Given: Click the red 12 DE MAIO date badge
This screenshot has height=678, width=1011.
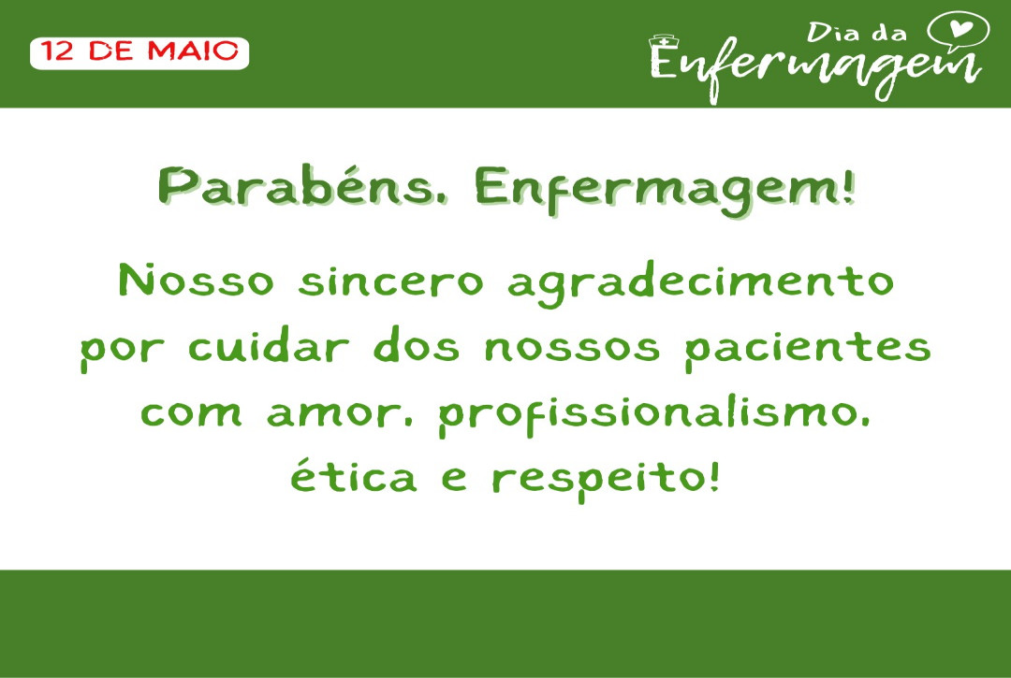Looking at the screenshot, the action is point(139,52).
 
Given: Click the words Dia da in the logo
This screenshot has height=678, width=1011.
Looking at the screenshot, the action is point(857,32).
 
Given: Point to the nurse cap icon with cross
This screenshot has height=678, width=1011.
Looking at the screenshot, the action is point(665,41).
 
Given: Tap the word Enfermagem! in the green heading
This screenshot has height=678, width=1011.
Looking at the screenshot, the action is point(665,190).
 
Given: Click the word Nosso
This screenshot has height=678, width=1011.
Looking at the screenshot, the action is point(197,281).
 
